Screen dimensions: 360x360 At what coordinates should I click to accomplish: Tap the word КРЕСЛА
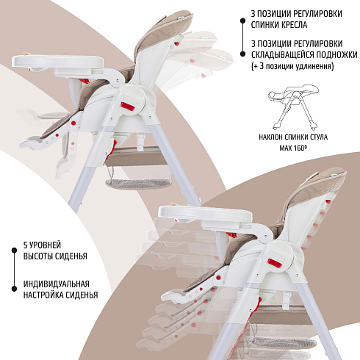[x=293, y=25]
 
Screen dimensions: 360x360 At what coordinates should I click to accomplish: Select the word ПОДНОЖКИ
[x=336, y=54]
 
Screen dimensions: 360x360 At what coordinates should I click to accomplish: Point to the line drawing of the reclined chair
[x=293, y=107]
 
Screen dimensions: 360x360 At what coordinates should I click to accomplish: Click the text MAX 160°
[x=293, y=148]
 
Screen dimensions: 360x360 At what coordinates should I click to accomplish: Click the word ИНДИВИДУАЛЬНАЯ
[x=57, y=284]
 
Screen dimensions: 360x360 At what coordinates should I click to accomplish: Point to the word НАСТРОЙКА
[x=40, y=295]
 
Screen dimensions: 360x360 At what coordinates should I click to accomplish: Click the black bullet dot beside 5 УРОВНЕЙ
[x=14, y=250]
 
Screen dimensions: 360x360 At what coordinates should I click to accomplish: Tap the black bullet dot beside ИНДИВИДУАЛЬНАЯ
[x=14, y=289]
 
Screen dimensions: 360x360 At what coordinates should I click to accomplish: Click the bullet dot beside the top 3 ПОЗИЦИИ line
[x=242, y=21]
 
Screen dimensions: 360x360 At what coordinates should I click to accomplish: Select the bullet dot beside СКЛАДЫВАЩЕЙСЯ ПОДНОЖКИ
[x=242, y=54]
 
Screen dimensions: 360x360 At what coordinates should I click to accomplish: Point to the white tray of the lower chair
[x=205, y=212]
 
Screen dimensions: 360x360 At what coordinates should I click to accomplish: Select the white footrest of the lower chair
[x=175, y=296]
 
